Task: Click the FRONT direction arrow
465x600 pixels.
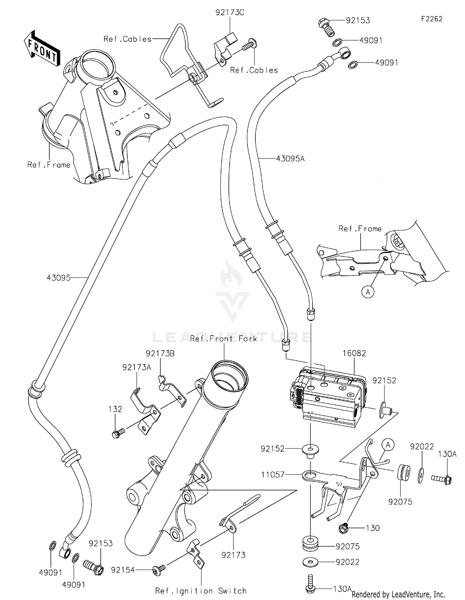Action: pyautogui.click(x=42, y=48)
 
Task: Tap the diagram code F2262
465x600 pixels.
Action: pyautogui.click(x=432, y=19)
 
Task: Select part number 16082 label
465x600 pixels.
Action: pyautogui.click(x=354, y=353)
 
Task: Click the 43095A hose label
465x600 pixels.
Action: pyautogui.click(x=290, y=159)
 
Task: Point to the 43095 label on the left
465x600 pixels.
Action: pyautogui.click(x=59, y=278)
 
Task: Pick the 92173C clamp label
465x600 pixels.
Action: pyautogui.click(x=230, y=13)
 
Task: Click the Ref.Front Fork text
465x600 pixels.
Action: pyautogui.click(x=224, y=339)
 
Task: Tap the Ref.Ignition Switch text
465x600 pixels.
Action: pyautogui.click(x=201, y=591)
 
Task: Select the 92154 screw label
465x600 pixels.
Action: pyautogui.click(x=123, y=570)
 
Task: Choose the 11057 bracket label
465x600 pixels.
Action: pyautogui.click(x=272, y=475)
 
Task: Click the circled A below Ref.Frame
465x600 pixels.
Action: pyautogui.click(x=368, y=292)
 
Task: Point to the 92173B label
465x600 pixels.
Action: pyautogui.click(x=160, y=354)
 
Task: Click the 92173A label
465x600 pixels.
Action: pyautogui.click(x=137, y=367)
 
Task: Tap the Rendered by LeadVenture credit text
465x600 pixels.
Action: pyautogui.click(x=398, y=594)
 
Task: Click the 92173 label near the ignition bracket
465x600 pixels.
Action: pyautogui.click(x=233, y=555)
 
